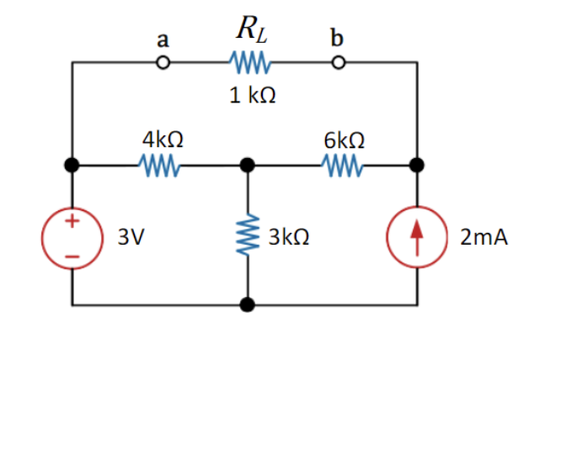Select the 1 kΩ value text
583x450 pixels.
click(x=252, y=95)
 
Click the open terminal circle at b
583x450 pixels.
click(x=338, y=62)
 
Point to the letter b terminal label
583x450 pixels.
click(x=338, y=38)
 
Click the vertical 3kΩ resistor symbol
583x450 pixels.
click(x=248, y=236)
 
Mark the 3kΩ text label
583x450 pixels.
click(x=289, y=238)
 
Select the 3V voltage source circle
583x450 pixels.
click(x=73, y=236)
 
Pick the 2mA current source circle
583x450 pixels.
click(x=416, y=236)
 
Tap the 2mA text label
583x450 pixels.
click(x=484, y=238)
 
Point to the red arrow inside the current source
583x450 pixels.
click(x=416, y=236)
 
